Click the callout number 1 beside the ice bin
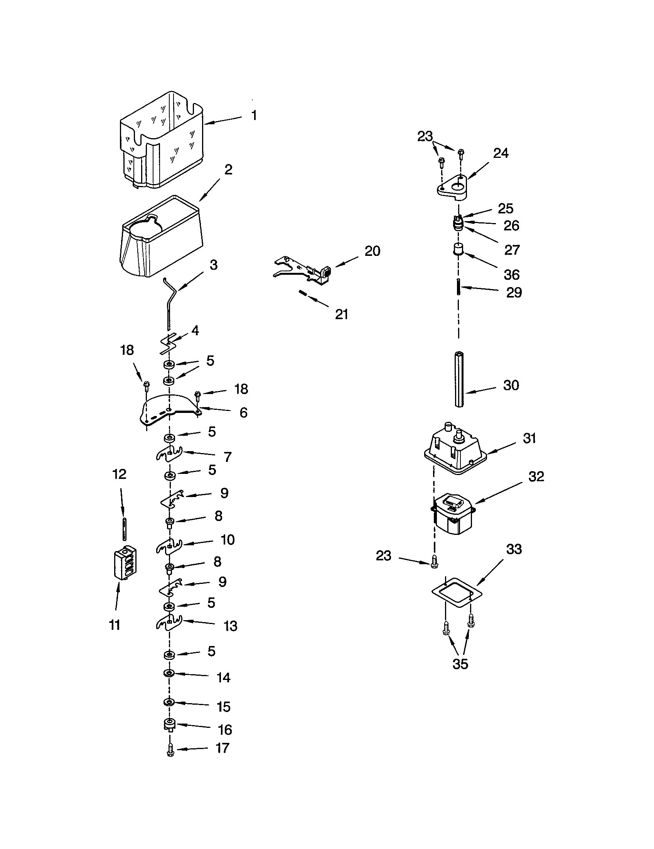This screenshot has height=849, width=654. pos(254,115)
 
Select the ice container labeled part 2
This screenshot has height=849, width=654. pos(161,237)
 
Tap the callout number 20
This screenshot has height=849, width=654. pos(372,251)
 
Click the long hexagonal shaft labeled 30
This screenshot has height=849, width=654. pos(459,379)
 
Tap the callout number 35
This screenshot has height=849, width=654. pos(460,664)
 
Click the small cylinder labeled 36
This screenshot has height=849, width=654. pos(458,249)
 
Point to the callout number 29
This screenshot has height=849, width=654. pos(514,293)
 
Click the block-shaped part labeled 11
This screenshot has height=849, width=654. pos(125,562)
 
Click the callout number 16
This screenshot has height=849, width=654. pos(225,730)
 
